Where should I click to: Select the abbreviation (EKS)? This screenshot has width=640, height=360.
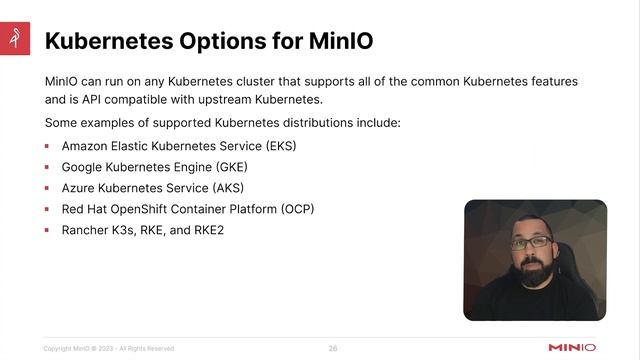(x=281, y=145)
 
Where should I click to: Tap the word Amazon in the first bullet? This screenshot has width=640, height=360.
(x=86, y=145)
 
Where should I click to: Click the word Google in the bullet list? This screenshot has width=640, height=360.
(x=84, y=166)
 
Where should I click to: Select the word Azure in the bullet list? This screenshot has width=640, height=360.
(x=78, y=187)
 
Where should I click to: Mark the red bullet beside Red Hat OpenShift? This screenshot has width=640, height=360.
(x=47, y=209)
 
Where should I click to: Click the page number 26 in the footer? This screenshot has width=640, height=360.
(x=333, y=348)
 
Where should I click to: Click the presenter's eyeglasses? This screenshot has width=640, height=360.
(x=531, y=243)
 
